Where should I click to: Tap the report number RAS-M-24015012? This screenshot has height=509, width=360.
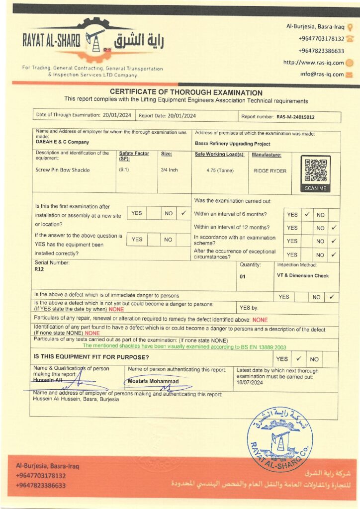(295, 117)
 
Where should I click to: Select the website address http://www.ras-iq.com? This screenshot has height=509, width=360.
(313, 63)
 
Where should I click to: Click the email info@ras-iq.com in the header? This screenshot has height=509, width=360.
(322, 74)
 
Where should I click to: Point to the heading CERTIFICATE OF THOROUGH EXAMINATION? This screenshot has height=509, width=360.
(186, 92)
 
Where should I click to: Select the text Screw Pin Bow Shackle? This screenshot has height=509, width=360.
(63, 170)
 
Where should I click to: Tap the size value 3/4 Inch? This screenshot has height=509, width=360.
(169, 170)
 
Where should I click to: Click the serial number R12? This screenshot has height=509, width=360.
(39, 269)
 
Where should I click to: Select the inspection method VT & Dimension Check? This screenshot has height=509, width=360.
(303, 275)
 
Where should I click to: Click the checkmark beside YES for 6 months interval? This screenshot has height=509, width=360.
(307, 215)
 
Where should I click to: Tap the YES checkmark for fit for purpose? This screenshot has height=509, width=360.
(298, 358)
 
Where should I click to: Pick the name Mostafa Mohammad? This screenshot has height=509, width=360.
(153, 381)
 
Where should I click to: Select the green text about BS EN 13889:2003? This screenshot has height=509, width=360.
(184, 346)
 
